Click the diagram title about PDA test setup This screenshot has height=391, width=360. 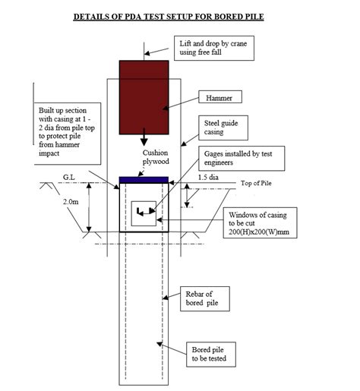pyautogui.click(x=181, y=14)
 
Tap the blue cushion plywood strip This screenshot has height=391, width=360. pyautogui.click(x=144, y=179)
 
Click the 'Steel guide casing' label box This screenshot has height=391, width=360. pyautogui.click(x=227, y=129)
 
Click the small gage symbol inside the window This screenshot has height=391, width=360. pyautogui.click(x=142, y=210)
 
